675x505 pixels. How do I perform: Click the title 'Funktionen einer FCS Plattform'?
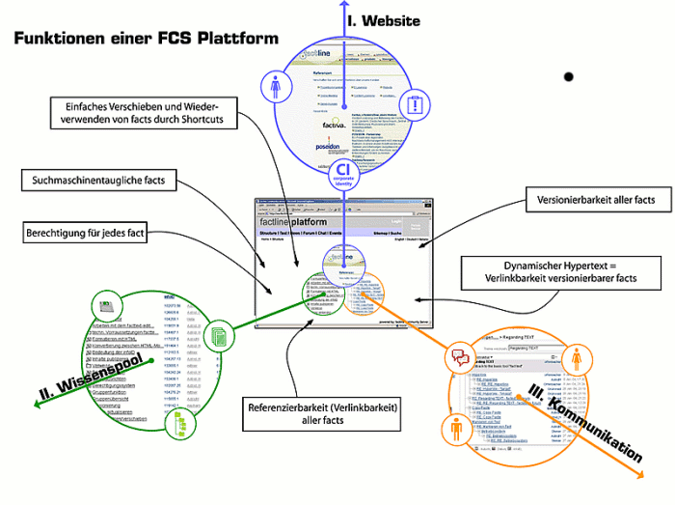tap(146, 38)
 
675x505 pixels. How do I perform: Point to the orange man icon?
tap(456, 430)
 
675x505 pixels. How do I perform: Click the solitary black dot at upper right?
tap(569, 76)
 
